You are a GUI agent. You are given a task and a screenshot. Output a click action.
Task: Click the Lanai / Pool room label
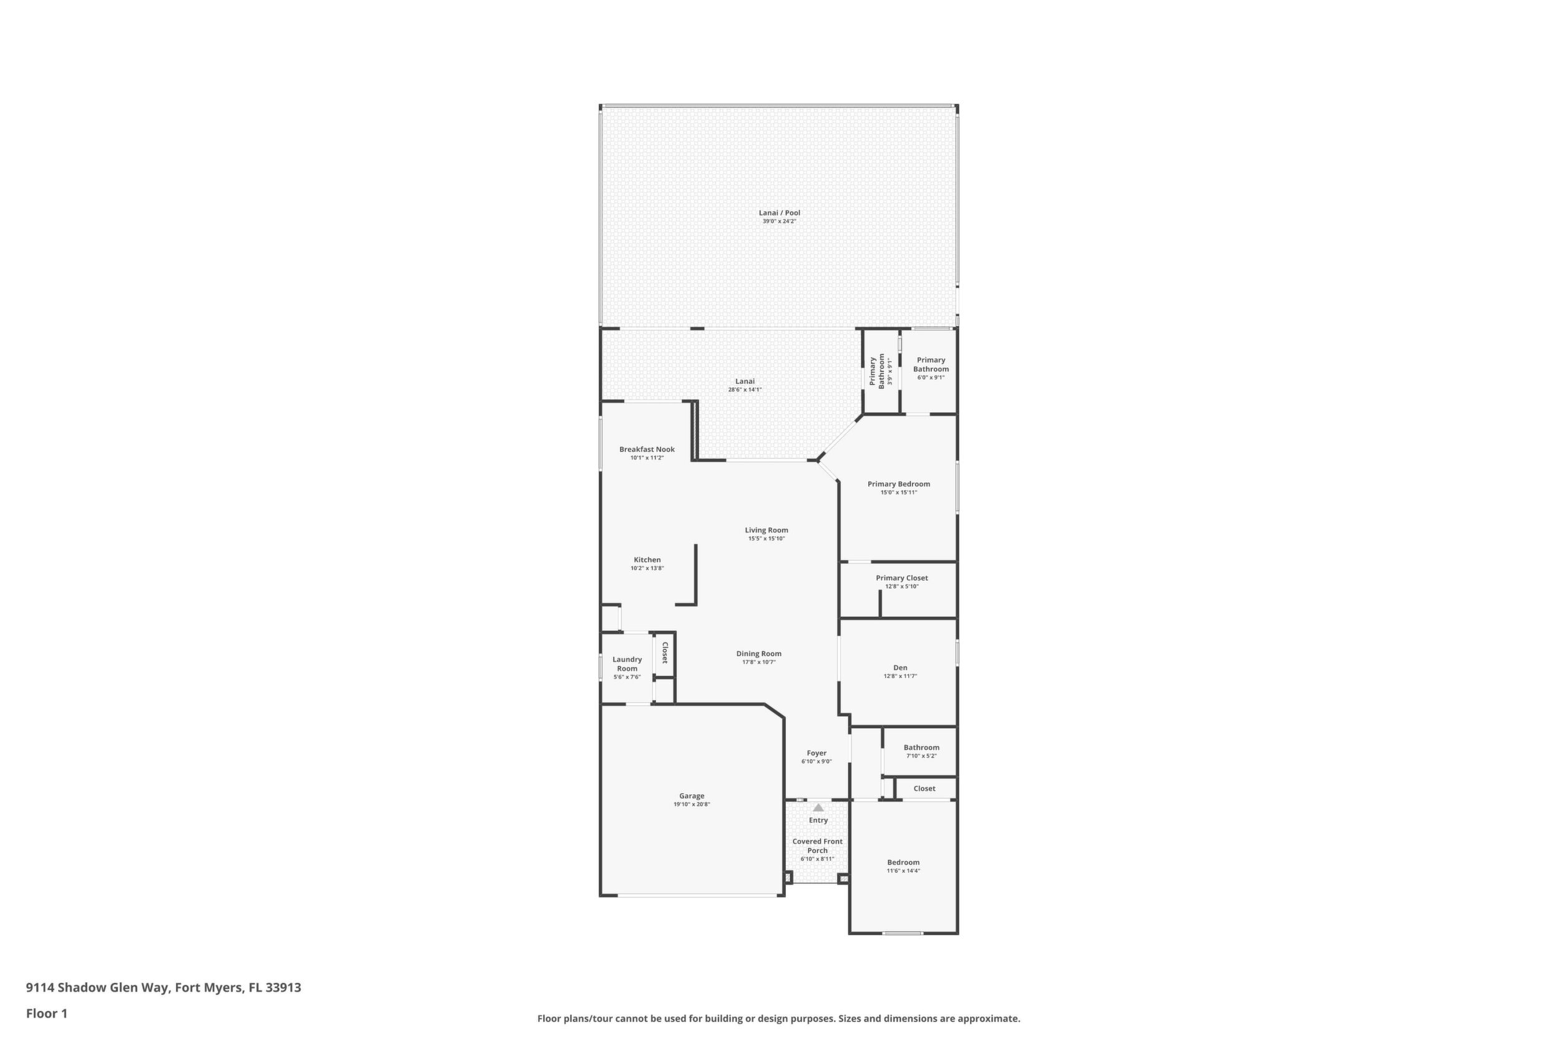[x=779, y=213]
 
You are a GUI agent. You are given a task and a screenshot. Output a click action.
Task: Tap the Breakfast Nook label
[x=647, y=450]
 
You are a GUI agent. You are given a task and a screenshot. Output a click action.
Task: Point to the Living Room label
[x=767, y=530]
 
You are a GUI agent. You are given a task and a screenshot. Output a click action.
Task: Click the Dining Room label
[x=758, y=653]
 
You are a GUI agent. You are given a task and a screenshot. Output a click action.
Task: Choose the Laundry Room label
[x=627, y=664]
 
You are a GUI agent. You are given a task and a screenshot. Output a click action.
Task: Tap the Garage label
[x=692, y=796]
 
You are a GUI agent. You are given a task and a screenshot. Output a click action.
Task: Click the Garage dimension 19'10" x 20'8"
[x=692, y=804]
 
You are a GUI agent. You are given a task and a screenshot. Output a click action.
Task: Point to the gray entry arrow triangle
[x=818, y=808]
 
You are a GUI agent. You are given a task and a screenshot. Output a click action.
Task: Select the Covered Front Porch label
[x=818, y=846]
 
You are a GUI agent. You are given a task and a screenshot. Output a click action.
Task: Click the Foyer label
[x=816, y=753]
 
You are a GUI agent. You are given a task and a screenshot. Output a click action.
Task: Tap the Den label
[x=900, y=667]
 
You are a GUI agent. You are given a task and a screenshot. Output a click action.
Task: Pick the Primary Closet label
[x=901, y=578]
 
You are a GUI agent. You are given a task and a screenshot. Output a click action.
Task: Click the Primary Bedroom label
[x=899, y=484]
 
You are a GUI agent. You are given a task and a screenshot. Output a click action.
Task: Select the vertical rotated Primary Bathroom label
[x=877, y=371]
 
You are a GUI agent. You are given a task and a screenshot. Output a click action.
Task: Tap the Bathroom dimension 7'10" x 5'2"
[x=921, y=756]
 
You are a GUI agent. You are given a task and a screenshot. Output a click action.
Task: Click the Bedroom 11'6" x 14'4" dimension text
[x=904, y=870]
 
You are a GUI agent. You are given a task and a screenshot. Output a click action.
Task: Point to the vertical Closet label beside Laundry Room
[x=664, y=652]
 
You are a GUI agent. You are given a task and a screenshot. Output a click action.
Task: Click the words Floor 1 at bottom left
[x=47, y=1013]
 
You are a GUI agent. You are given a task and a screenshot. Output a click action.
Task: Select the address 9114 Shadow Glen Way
[x=98, y=987]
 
